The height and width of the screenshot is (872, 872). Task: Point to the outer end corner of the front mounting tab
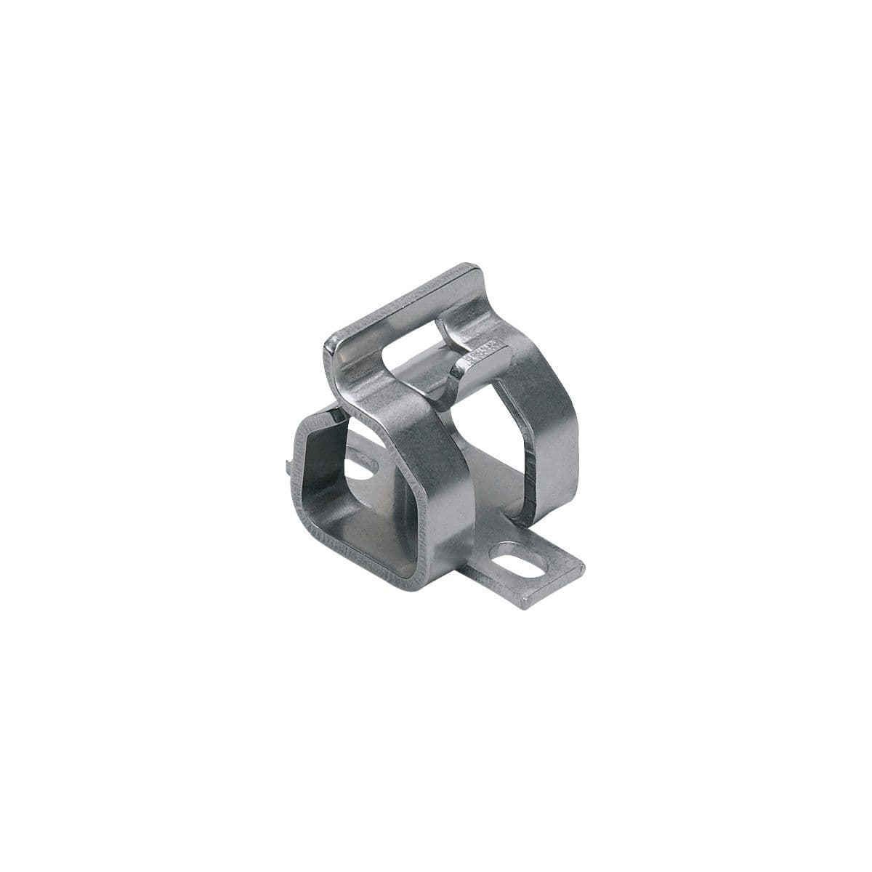point(581,568)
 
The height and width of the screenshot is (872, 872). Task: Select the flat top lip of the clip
point(407,304)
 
